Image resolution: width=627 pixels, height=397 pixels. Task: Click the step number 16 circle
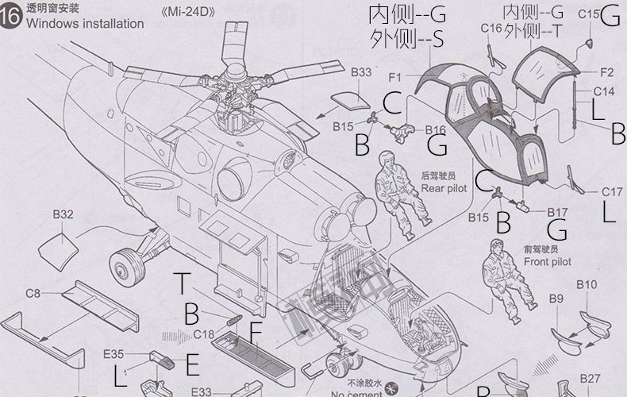pyautogui.click(x=11, y=17)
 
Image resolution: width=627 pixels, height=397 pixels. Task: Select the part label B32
pyautogui.click(x=63, y=214)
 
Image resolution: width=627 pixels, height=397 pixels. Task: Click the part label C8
pyautogui.click(x=33, y=293)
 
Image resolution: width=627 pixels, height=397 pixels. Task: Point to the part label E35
pyautogui.click(x=113, y=355)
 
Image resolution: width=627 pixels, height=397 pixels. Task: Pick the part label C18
pyautogui.click(x=204, y=333)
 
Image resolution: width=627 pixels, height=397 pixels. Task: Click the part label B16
pyautogui.click(x=436, y=130)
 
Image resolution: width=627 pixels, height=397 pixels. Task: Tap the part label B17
pyautogui.click(x=558, y=212)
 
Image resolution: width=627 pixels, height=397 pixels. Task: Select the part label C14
pyautogui.click(x=604, y=91)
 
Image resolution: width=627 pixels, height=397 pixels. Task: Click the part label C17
pyautogui.click(x=612, y=191)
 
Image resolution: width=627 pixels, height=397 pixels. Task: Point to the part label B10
pyautogui.click(x=587, y=284)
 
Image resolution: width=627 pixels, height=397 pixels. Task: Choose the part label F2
pyautogui.click(x=606, y=71)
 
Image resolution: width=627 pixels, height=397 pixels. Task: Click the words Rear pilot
pyautogui.click(x=444, y=188)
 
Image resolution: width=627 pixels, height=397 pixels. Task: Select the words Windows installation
pyautogui.click(x=85, y=24)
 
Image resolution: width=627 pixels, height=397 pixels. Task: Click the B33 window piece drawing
pyautogui.click(x=349, y=101)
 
